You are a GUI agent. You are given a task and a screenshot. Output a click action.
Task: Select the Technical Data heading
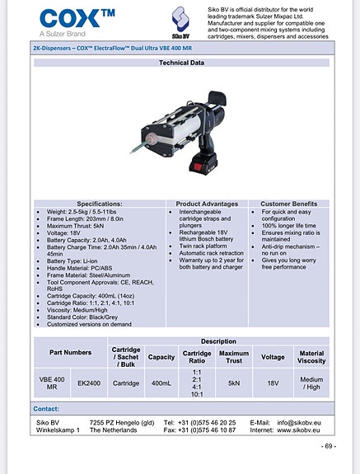pyautogui.click(x=180, y=63)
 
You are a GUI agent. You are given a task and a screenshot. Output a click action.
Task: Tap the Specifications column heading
pyautogui.click(x=100, y=203)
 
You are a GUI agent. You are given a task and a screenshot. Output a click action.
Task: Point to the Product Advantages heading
pyautogui.click(x=207, y=203)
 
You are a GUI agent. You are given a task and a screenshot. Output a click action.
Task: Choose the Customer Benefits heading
pyautogui.click(x=288, y=203)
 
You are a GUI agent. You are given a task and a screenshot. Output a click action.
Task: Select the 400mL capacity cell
pyautogui.click(x=161, y=382)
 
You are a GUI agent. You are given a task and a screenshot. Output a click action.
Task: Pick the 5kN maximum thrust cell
pyautogui.click(x=234, y=382)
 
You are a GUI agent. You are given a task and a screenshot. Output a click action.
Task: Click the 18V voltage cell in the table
pyautogui.click(x=273, y=382)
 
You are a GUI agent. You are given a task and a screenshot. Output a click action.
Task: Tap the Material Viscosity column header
pyautogui.click(x=311, y=354)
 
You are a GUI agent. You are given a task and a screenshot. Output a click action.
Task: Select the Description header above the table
pyautogui.click(x=217, y=340)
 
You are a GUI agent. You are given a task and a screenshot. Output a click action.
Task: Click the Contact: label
pyautogui.click(x=46, y=409)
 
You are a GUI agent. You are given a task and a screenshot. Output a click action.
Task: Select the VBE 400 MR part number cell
pyautogui.click(x=52, y=382)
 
